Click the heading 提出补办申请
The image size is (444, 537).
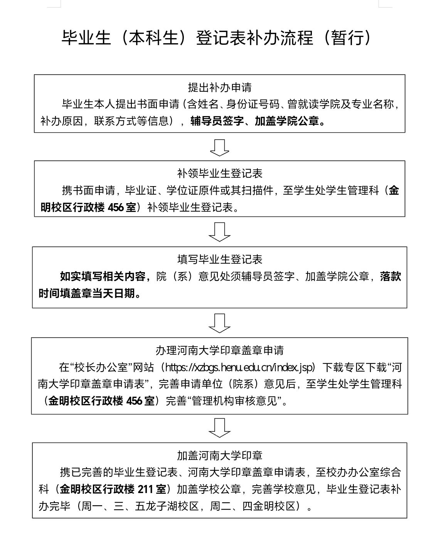(220, 88)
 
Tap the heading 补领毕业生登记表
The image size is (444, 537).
(220, 173)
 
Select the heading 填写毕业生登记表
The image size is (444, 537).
(220, 259)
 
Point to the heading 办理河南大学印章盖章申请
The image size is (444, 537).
(220, 350)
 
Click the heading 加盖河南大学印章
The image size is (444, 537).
(220, 456)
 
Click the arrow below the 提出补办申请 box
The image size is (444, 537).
(220, 148)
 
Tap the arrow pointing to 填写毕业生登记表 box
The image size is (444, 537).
(220, 232)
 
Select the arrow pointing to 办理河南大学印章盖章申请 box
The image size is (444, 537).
(220, 323)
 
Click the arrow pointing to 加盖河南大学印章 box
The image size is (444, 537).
(220, 428)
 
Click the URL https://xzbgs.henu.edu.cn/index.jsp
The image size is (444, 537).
(240, 367)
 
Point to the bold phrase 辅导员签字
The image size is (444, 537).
(217, 121)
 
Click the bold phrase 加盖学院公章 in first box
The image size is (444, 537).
(287, 121)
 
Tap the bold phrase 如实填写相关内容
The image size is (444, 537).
(103, 276)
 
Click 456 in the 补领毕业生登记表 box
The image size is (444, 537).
(116, 207)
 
